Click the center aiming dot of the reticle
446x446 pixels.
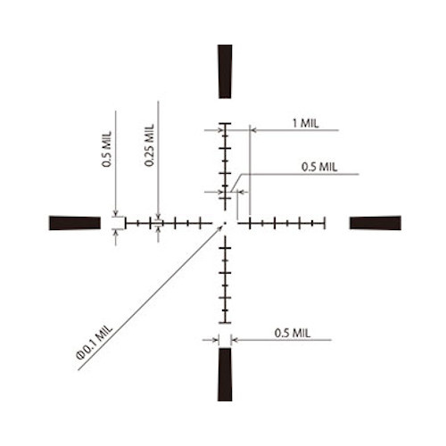[225, 223]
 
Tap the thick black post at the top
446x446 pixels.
[225, 71]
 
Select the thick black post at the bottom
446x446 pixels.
[225, 375]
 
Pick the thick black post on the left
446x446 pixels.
[75, 223]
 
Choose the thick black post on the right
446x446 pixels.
[376, 223]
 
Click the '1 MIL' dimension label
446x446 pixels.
[305, 123]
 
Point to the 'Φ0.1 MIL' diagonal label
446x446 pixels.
[95, 343]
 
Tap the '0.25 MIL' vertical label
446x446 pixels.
[149, 145]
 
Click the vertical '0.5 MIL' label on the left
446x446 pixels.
[107, 149]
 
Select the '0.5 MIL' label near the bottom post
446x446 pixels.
[293, 333]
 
